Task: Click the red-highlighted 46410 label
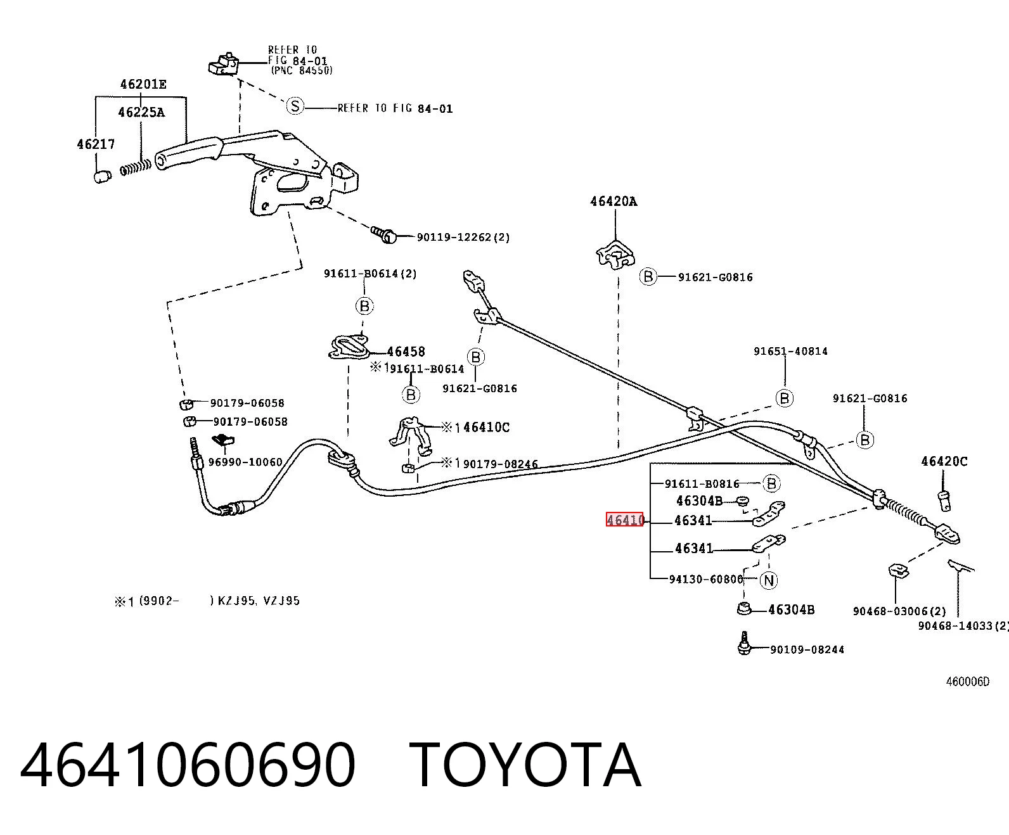625,519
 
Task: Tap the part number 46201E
143,84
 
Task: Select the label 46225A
141,112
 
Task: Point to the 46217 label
96,144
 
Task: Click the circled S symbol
295,106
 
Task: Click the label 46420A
614,201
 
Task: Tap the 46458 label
406,352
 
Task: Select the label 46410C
486,427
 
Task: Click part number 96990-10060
245,462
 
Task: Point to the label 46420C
944,461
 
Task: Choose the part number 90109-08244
807,649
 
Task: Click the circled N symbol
769,580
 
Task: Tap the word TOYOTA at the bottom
525,765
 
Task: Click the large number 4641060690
188,765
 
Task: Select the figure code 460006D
967,681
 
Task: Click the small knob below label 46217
102,176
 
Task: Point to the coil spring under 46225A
135,168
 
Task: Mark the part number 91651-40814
790,352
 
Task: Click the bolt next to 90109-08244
745,643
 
